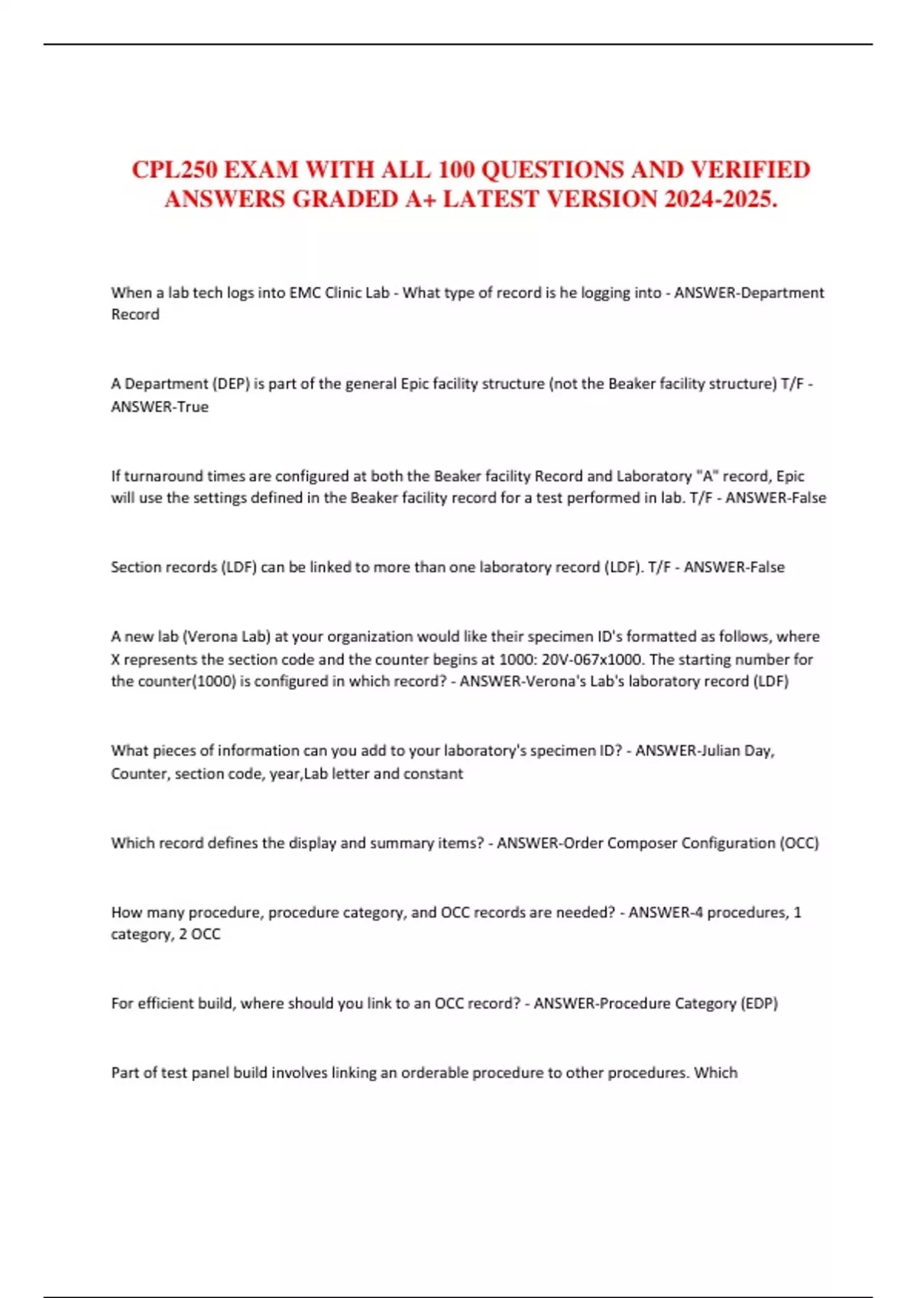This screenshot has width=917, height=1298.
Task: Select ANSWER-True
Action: (160, 406)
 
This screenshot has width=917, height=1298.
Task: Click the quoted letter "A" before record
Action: (707, 476)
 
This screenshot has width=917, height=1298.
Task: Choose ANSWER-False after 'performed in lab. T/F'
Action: (776, 498)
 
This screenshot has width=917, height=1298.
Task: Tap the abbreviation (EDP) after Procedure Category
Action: (759, 1003)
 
